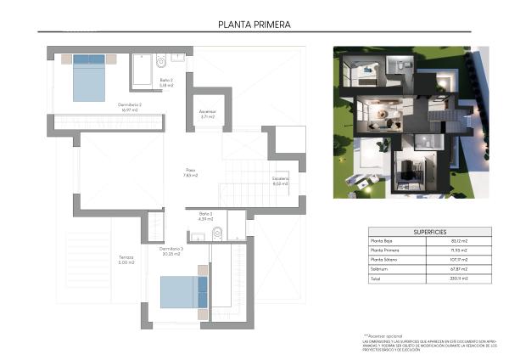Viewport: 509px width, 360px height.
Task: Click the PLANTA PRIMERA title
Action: click(x=254, y=25)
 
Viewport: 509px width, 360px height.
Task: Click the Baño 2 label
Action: click(x=166, y=82)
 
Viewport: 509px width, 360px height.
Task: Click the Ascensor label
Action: click(x=207, y=113)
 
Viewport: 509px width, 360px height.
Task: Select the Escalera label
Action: click(x=281, y=180)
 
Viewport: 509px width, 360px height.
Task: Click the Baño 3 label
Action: click(x=205, y=216)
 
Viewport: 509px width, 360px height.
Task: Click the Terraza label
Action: click(x=126, y=260)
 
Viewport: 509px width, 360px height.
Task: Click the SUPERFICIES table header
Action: click(x=430, y=231)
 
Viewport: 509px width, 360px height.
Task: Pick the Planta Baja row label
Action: click(x=383, y=241)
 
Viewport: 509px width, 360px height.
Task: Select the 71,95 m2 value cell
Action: click(x=459, y=250)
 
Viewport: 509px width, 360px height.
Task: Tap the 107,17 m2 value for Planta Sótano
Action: click(x=459, y=260)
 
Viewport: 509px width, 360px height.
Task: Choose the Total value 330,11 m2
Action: click(x=459, y=278)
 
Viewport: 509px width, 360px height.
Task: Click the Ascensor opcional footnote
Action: click(x=386, y=335)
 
